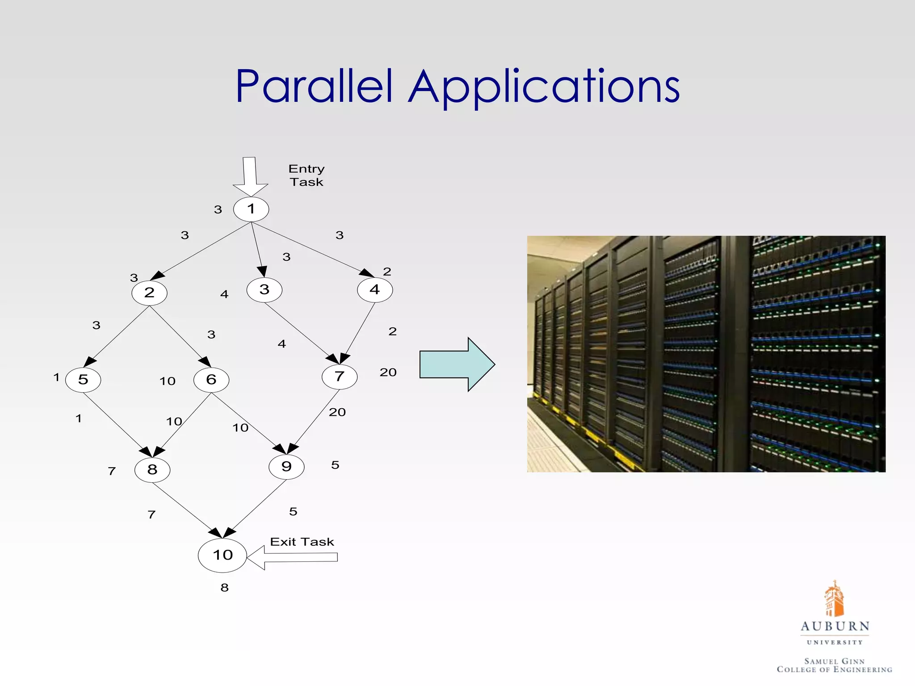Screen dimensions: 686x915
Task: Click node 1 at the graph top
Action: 251,209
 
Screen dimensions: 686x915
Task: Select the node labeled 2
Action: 149,293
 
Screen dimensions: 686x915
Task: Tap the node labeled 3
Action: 264,290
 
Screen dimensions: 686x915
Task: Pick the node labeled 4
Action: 375,290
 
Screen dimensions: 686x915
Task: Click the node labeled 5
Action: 83,380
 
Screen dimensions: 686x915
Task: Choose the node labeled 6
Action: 211,380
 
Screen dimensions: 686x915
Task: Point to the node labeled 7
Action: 340,376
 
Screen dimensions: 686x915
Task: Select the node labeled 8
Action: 152,470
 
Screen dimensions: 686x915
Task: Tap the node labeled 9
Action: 286,467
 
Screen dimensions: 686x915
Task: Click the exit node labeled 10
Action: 222,555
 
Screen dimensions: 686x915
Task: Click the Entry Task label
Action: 306,176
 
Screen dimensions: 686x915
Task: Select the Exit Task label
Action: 302,542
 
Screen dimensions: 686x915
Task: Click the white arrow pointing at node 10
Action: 293,557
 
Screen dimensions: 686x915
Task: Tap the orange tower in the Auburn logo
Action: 834,598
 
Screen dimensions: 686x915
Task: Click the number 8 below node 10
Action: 225,588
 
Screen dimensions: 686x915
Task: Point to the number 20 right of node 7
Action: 388,372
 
